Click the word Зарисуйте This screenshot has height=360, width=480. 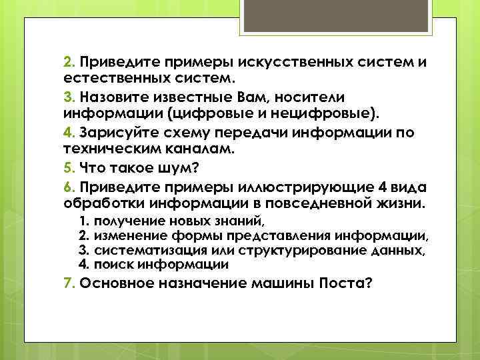coord(114,133)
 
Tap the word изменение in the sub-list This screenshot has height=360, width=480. coord(125,235)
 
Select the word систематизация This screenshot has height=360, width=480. coord(136,250)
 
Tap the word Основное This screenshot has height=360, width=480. coord(117,283)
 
